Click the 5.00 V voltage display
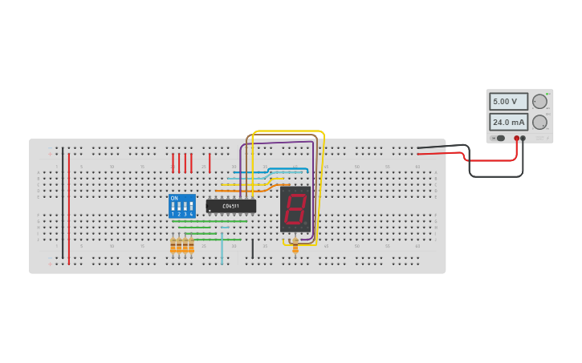click(x=508, y=102)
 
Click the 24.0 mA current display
click(x=508, y=123)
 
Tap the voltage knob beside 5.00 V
click(x=539, y=102)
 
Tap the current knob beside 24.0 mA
click(x=539, y=123)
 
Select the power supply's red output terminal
click(x=517, y=139)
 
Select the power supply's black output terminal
click(x=523, y=139)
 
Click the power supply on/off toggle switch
click(x=499, y=139)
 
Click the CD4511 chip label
click(x=231, y=206)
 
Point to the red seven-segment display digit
click(x=295, y=210)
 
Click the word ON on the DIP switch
click(x=174, y=198)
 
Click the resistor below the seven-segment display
click(x=295, y=245)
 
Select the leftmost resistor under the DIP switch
click(x=173, y=246)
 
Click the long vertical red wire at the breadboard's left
click(x=69, y=208)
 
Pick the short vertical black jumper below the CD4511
click(x=252, y=249)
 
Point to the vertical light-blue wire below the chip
click(x=222, y=248)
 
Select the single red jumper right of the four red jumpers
click(x=210, y=163)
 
